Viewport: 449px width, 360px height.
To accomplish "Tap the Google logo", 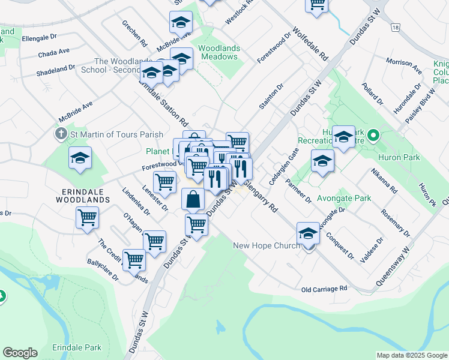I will (20, 353).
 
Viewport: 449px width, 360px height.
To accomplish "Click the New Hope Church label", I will (266, 246).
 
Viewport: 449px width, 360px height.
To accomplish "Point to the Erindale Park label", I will (77, 347).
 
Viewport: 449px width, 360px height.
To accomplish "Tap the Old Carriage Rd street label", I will (325, 289).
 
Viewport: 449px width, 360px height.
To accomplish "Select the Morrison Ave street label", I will (404, 62).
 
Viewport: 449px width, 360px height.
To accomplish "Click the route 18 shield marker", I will (394, 28).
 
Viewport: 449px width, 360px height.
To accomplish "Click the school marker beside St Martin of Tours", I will (80, 158).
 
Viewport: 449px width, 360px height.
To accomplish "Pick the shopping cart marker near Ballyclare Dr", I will (134, 260).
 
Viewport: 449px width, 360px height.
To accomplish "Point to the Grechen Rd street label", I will (134, 34).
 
